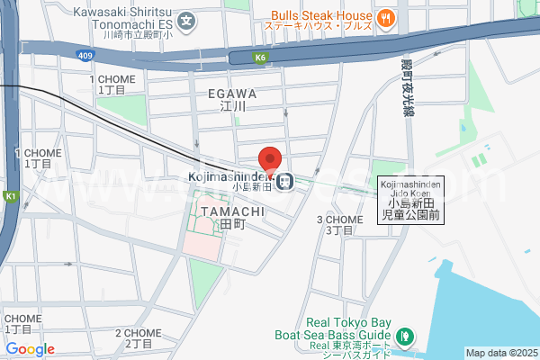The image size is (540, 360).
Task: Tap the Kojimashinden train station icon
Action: click(284, 182)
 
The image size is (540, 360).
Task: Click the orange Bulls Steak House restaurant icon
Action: click(385, 16)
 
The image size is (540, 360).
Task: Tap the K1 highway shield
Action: click(11, 195)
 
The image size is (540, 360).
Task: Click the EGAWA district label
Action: click(232, 94)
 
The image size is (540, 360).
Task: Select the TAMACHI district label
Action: click(232, 211)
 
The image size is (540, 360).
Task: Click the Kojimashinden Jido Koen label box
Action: click(410, 199)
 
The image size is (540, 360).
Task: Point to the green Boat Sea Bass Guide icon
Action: click(406, 337)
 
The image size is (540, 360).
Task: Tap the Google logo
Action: click(30, 349)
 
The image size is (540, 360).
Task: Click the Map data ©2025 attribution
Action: click(500, 353)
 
